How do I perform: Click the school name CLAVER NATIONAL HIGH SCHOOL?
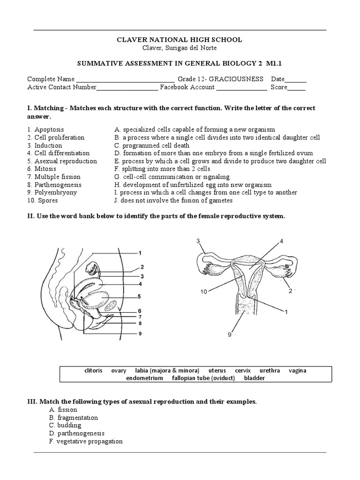[x=180, y=40]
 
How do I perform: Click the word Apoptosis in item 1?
[x=49, y=129]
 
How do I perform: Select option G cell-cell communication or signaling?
[x=172, y=177]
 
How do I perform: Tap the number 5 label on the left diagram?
[x=139, y=296]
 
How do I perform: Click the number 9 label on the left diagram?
[x=139, y=334]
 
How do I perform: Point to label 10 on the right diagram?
[x=202, y=292]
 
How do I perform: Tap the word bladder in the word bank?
[x=254, y=378]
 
